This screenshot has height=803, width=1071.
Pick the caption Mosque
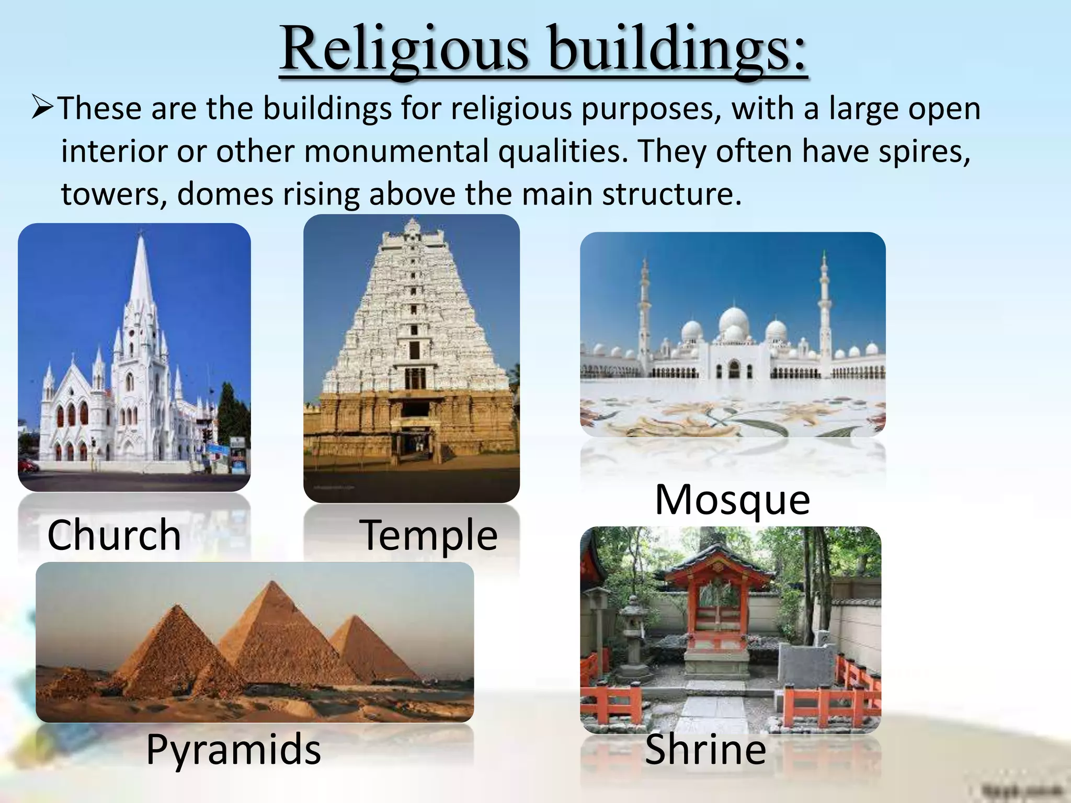pyautogui.click(x=732, y=500)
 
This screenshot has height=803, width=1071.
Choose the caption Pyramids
pyautogui.click(x=233, y=749)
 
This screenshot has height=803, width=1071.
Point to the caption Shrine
pyautogui.click(x=705, y=749)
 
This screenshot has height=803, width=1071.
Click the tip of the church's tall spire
pyautogui.click(x=140, y=233)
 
